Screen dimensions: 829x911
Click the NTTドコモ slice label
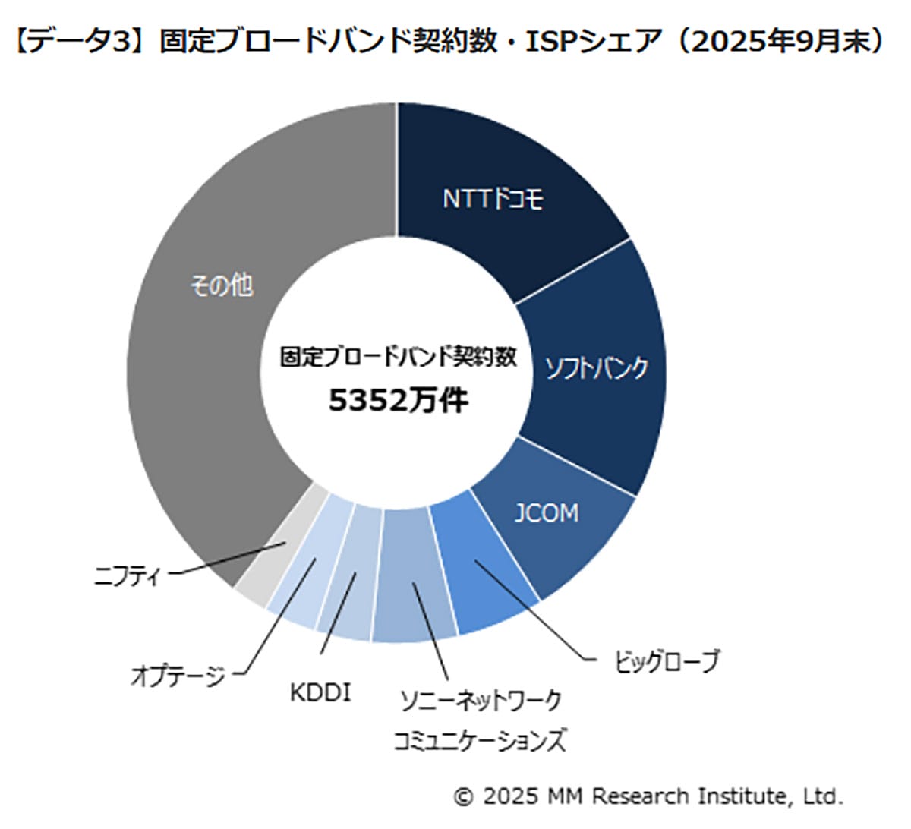point(493,199)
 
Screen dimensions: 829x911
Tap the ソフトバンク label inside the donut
point(597,368)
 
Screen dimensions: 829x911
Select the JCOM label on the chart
point(547,513)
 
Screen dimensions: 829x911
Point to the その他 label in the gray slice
point(222,285)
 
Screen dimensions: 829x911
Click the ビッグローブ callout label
point(665,661)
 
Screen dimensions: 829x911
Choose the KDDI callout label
point(320,692)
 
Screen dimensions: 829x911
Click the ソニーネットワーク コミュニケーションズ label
point(480,720)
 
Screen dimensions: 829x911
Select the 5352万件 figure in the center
point(398,400)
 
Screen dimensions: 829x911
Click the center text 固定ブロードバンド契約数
point(398,357)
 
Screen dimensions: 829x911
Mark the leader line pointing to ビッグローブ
point(531,611)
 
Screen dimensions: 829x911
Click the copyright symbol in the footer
point(463,796)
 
